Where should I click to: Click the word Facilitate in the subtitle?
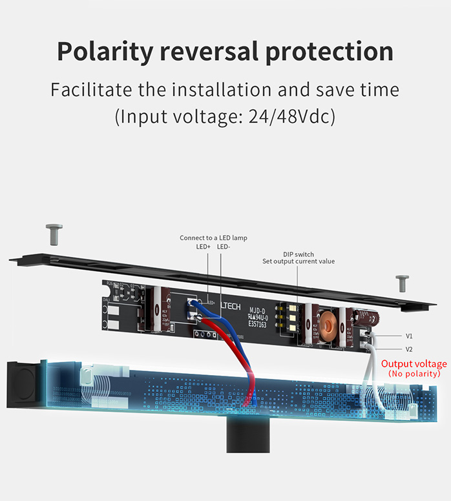88,89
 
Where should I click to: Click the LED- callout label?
224,247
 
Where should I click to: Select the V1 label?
409,336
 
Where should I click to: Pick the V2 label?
409,349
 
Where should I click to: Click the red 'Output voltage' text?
414,363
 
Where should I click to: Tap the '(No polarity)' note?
414,374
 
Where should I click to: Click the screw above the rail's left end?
54,234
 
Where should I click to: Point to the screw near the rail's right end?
402,283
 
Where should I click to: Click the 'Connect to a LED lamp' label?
213,238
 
